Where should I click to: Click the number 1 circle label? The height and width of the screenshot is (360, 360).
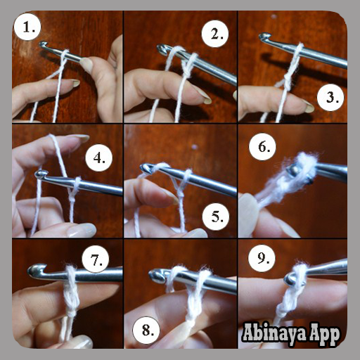tap(27, 27)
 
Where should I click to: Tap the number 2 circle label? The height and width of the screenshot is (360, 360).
tap(215, 34)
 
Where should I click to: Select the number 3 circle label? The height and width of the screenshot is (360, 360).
tap(330, 97)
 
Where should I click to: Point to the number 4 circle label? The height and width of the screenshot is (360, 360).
tap(99, 157)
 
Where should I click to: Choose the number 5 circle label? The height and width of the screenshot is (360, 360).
tap(216, 217)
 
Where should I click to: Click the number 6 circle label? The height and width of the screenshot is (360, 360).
tap(262, 147)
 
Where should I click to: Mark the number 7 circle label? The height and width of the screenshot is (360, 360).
tap(96, 259)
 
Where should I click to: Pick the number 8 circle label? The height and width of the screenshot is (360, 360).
tap(146, 330)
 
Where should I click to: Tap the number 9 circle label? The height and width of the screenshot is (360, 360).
tap(262, 258)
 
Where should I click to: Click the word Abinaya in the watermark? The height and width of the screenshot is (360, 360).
tap(274, 333)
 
